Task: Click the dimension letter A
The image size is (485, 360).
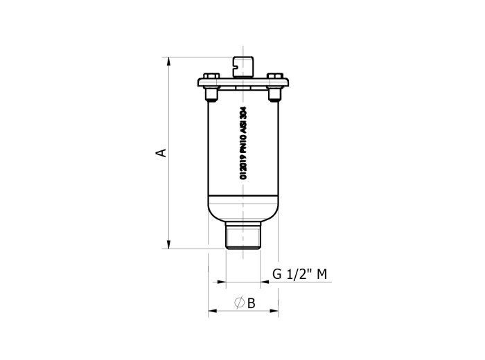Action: click(x=162, y=153)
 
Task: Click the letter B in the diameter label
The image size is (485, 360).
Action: click(x=251, y=303)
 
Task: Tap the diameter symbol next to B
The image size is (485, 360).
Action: click(x=239, y=303)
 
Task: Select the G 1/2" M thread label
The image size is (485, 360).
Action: click(x=299, y=274)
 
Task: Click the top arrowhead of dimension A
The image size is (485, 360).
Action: click(x=168, y=61)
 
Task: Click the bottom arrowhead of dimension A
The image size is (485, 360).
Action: click(x=168, y=244)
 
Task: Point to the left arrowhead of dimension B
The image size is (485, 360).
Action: click(x=213, y=311)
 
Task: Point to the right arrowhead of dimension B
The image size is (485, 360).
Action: click(x=274, y=311)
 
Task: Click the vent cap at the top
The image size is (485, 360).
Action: click(x=243, y=67)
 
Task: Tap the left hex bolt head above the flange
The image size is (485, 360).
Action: click(x=211, y=75)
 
